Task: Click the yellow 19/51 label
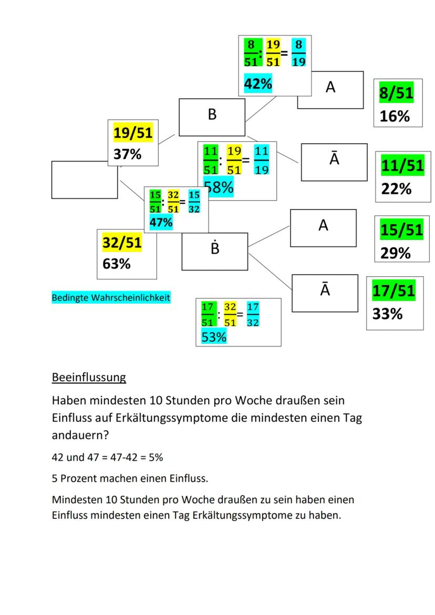pos(133,133)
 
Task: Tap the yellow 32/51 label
pos(121,243)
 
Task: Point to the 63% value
pos(116,263)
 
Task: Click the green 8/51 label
pos(396,93)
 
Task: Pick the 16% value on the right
pos(395,116)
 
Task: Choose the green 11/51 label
pos(402,165)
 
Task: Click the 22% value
pos(396,188)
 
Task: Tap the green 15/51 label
pos(401,230)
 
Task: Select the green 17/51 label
pos(393,290)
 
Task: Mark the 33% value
pos(387,314)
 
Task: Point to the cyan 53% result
pos(214,337)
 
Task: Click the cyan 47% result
pos(161,222)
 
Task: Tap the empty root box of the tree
pos(84,180)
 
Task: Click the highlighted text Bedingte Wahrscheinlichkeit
pos(110,298)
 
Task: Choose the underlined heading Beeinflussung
pos(89,377)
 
